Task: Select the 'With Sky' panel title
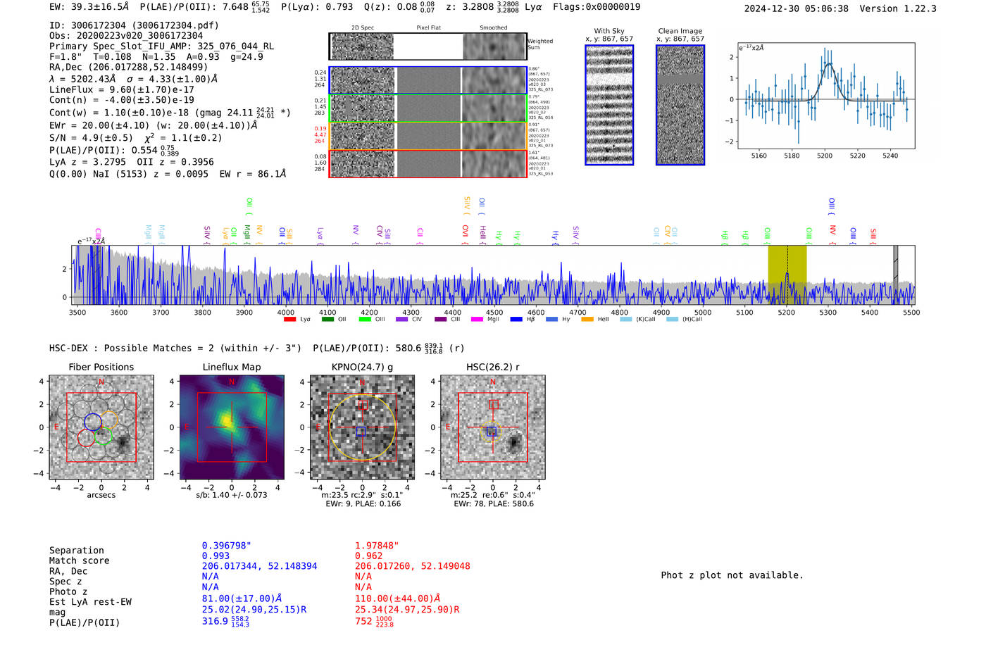609,31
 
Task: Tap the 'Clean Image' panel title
680,31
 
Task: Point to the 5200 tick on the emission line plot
825,156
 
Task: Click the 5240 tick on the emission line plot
890,156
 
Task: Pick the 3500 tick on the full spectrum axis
77,312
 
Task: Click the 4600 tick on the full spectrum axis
536,312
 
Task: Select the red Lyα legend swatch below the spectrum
289,319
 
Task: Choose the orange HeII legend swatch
587,319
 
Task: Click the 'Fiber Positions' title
101,367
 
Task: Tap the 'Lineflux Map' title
232,367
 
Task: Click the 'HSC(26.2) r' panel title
493,367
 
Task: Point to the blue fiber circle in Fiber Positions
93,422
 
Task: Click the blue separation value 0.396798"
226,546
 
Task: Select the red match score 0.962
368,556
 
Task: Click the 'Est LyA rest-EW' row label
90,602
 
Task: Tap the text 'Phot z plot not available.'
732,575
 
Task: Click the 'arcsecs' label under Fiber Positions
101,495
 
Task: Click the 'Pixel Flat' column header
428,27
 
